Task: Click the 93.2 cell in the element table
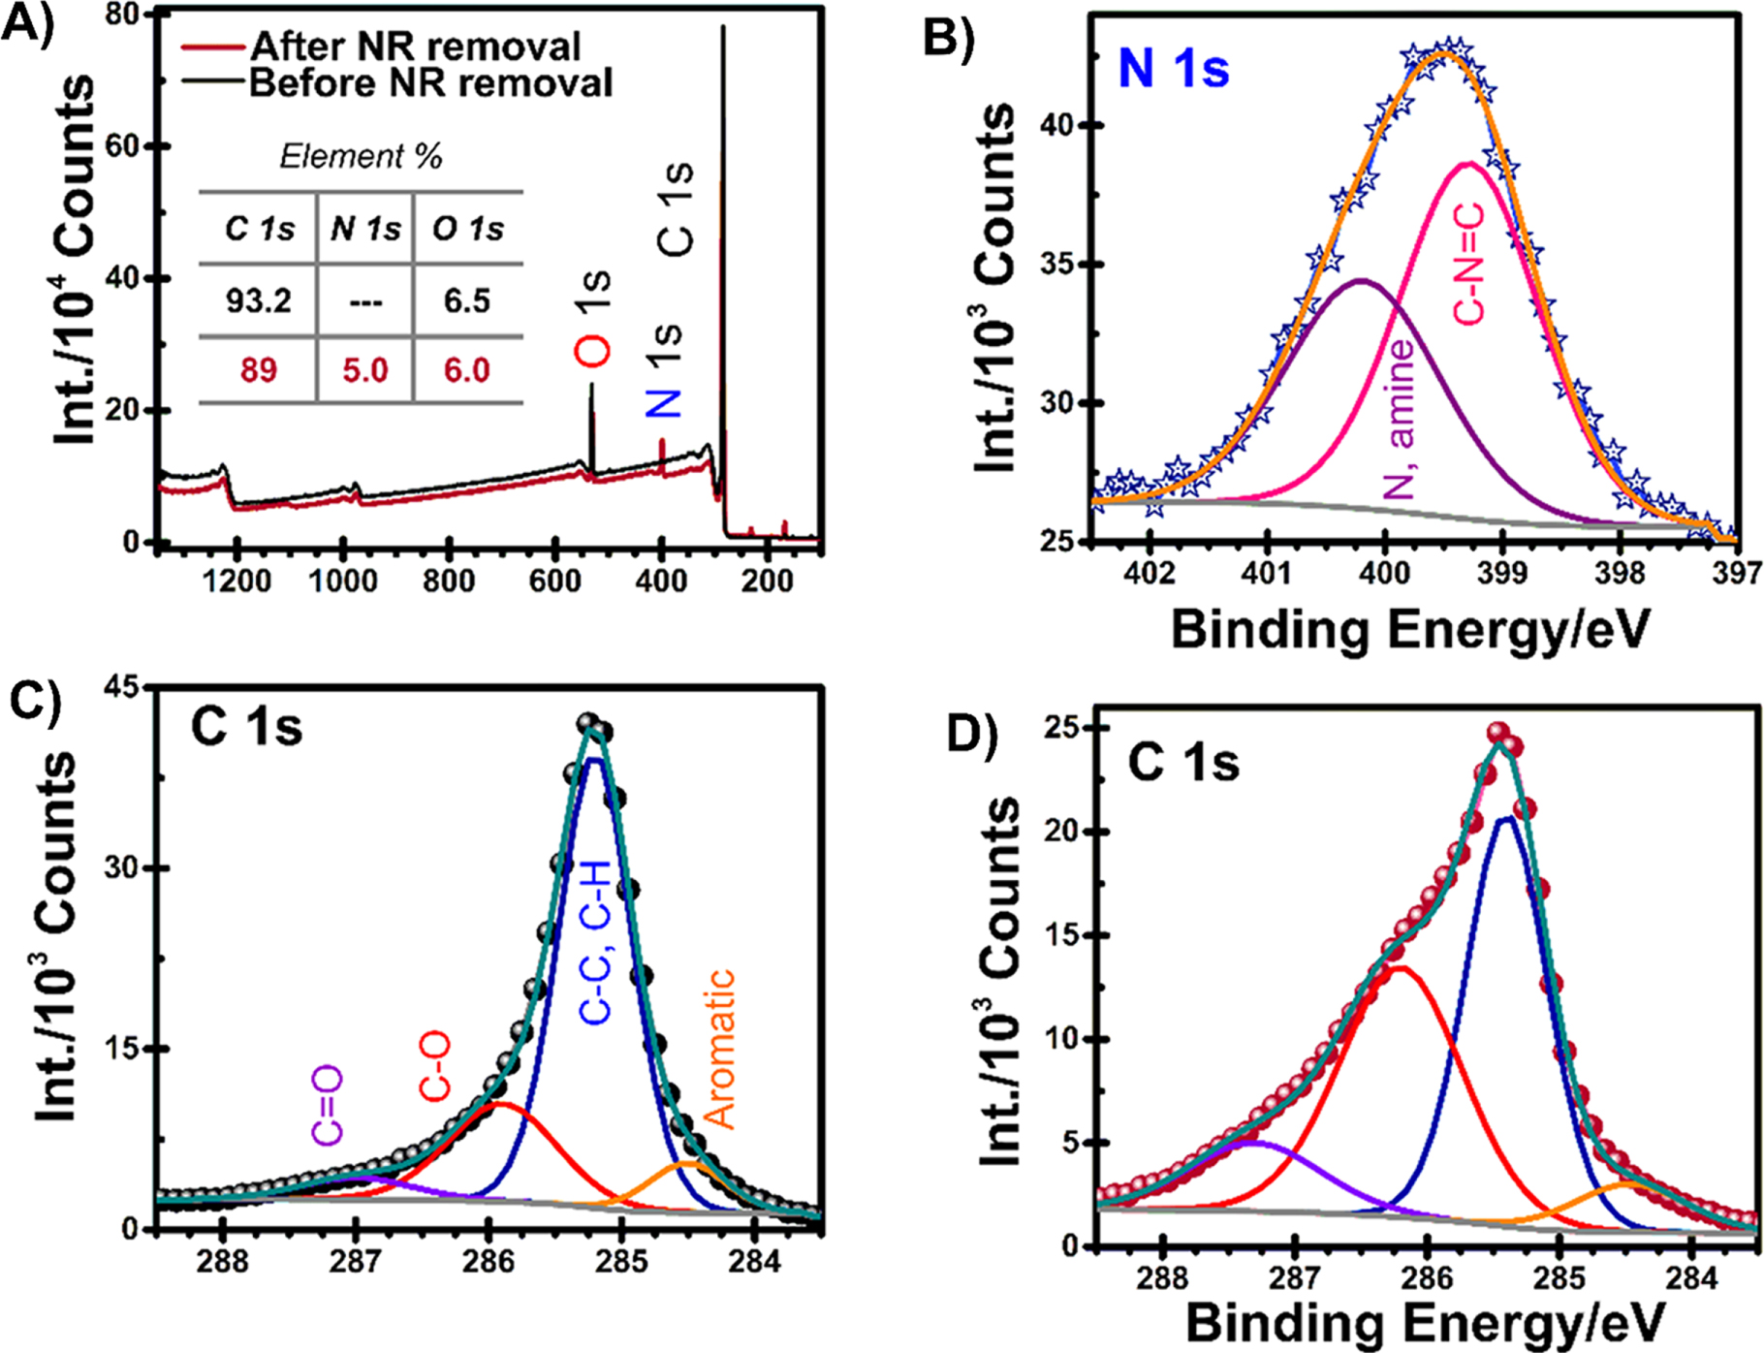coord(258,300)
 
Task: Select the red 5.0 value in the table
coord(364,370)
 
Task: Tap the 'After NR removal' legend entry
coord(415,46)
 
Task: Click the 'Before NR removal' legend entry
coord(430,83)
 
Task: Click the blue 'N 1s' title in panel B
coord(1174,70)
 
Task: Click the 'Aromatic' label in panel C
coord(719,1050)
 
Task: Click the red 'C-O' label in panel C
coord(435,1066)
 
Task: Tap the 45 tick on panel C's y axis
coord(124,687)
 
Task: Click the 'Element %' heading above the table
coord(361,156)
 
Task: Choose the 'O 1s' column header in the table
coord(468,230)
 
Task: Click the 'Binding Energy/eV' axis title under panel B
coord(1410,631)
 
